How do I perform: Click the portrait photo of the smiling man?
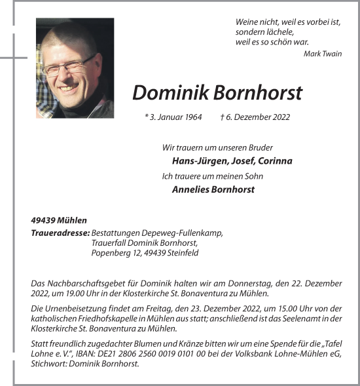point(75,68)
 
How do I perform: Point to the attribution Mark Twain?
point(323,54)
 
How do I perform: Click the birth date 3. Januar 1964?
point(175,118)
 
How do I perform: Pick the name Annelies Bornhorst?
point(213,190)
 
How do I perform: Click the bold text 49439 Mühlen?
point(59,220)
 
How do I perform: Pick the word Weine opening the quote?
point(246,22)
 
